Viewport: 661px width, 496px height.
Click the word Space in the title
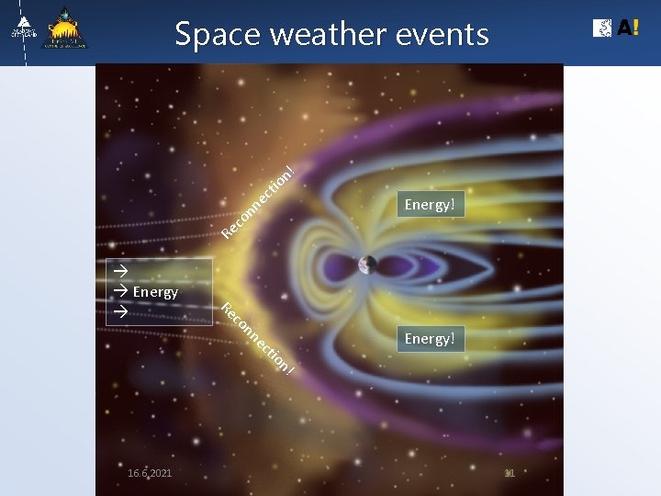tap(210, 35)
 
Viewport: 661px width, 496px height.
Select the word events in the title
tap(442, 35)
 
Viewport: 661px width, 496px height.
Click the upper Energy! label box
tap(430, 204)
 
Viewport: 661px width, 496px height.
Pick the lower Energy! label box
tap(430, 339)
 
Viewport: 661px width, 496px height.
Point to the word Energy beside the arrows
tap(155, 292)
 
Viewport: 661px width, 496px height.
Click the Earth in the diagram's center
tap(367, 265)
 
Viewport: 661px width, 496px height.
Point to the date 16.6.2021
tap(150, 473)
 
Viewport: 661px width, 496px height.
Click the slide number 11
tap(510, 473)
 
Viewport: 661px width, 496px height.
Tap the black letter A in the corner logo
tap(623, 28)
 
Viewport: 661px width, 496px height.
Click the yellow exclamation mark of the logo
tap(635, 28)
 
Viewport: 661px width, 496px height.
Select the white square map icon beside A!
tap(603, 28)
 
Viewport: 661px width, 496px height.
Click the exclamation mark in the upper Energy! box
tap(454, 204)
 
